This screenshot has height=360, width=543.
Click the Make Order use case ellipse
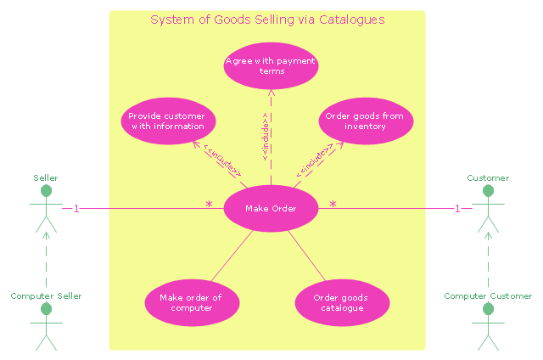(271, 208)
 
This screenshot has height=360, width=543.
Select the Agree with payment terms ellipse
(271, 66)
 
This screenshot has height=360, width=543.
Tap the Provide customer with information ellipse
(168, 121)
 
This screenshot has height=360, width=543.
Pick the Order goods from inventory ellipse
(366, 121)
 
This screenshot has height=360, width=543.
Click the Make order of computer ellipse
(191, 303)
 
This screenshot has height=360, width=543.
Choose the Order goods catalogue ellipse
(342, 303)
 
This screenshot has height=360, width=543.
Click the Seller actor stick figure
(46, 208)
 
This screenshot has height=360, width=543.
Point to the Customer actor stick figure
(487, 208)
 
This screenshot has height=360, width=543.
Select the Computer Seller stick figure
(46, 326)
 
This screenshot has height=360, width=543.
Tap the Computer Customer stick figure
(487, 326)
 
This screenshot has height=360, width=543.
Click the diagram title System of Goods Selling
(267, 20)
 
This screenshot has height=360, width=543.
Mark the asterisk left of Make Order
(209, 205)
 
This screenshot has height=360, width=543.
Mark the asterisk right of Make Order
(333, 205)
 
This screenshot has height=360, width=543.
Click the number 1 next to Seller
(76, 209)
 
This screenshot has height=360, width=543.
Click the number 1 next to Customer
(457, 209)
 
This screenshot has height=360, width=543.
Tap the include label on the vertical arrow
(265, 136)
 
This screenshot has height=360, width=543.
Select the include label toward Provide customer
(221, 159)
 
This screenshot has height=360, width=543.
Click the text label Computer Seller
(46, 296)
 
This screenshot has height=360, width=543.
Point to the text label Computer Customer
(488, 296)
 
